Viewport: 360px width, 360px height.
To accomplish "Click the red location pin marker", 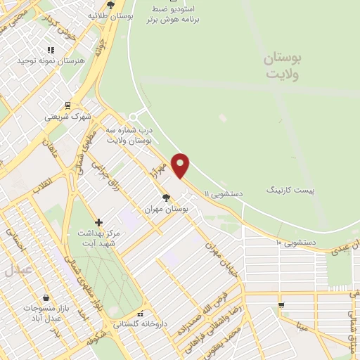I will (x=181, y=165).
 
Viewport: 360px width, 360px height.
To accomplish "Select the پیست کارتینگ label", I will (x=290, y=191).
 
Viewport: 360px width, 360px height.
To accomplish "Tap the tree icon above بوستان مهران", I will (x=166, y=198).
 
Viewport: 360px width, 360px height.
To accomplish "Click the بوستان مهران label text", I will (x=163, y=209).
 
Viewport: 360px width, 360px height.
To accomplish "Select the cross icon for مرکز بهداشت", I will (x=99, y=222).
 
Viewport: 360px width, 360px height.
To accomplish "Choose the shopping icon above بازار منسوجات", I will (x=46, y=298).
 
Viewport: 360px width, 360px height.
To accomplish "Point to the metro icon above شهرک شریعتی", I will (x=67, y=105).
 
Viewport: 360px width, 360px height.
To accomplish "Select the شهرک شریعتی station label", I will (x=68, y=117).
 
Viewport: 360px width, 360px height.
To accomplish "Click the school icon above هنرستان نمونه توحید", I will (x=50, y=50).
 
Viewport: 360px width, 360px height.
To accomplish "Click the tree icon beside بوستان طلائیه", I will (x=110, y=6).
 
